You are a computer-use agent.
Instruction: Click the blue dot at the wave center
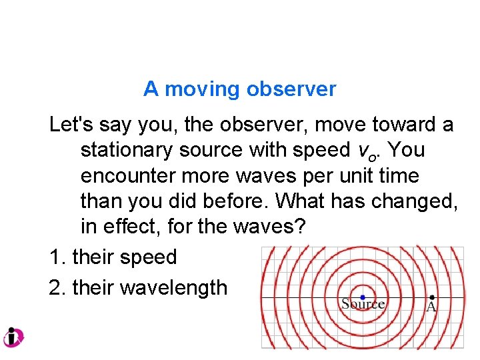coord(363,297)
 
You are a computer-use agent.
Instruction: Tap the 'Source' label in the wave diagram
coord(363,305)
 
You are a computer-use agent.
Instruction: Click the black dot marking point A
coord(432,297)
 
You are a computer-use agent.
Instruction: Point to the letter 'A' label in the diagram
coord(431,307)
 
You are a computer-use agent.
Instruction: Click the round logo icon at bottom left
coord(13,337)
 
